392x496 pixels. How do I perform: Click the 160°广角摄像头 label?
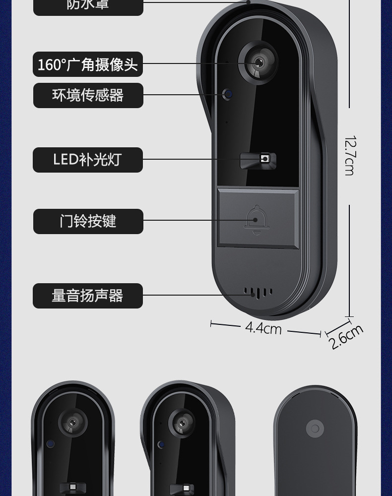point(88,64)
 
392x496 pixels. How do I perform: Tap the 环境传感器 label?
point(88,95)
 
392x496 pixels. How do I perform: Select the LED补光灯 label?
point(88,160)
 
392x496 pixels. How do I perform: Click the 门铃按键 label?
point(88,221)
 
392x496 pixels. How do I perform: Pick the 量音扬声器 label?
point(88,296)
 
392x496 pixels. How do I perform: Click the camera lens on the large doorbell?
point(258,63)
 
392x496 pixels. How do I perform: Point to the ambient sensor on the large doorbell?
point(228,94)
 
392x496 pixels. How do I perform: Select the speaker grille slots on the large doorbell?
point(258,292)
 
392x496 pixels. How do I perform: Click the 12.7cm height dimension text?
point(349,156)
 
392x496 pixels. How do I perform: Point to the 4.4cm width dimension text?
point(263,328)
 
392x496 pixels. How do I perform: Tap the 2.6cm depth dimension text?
point(346,337)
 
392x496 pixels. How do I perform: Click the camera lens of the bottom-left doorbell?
point(72,423)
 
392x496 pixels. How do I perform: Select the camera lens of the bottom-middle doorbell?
point(182,422)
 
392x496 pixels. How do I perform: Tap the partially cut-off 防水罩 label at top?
point(88,5)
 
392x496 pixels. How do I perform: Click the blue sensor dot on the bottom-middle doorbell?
point(161,444)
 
